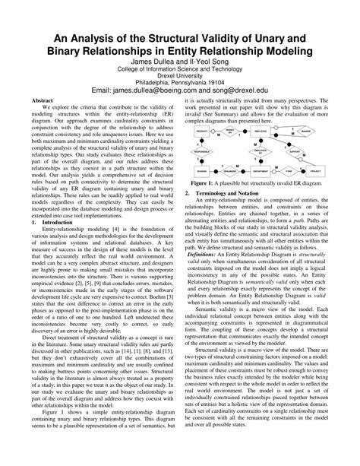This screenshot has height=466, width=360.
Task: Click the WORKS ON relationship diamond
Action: (229, 132)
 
